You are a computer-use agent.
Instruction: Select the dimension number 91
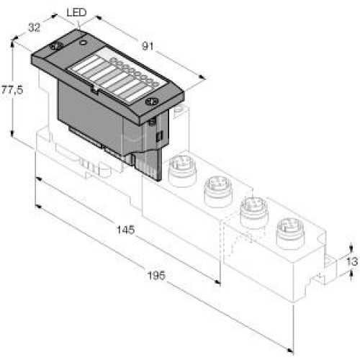click(149, 45)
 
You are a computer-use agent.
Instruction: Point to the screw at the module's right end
click(150, 102)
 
